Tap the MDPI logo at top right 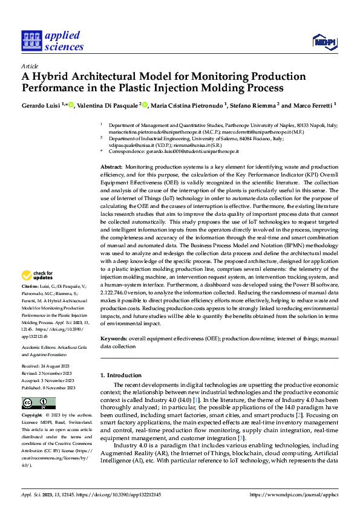pyautogui.click(x=325, y=41)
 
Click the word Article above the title pyautogui.click(x=30, y=66)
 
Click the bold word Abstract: pyautogui.click(x=111, y=166)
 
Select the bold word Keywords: pyautogui.click(x=114, y=339)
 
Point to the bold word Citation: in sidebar pyautogui.click(x=30, y=286)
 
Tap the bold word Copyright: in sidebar pyautogui.click(x=33, y=416)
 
